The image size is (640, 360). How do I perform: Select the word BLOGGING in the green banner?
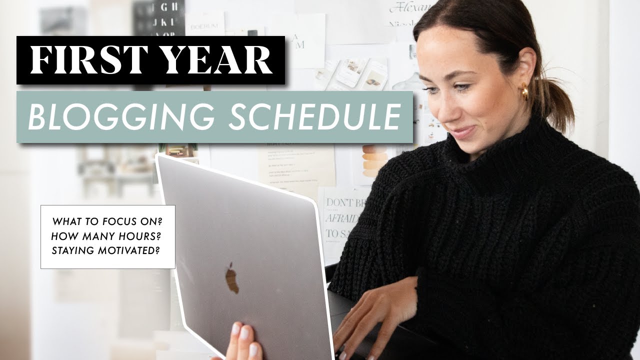pyautogui.click(x=117, y=117)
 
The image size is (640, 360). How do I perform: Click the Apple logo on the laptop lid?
pyautogui.click(x=231, y=278)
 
